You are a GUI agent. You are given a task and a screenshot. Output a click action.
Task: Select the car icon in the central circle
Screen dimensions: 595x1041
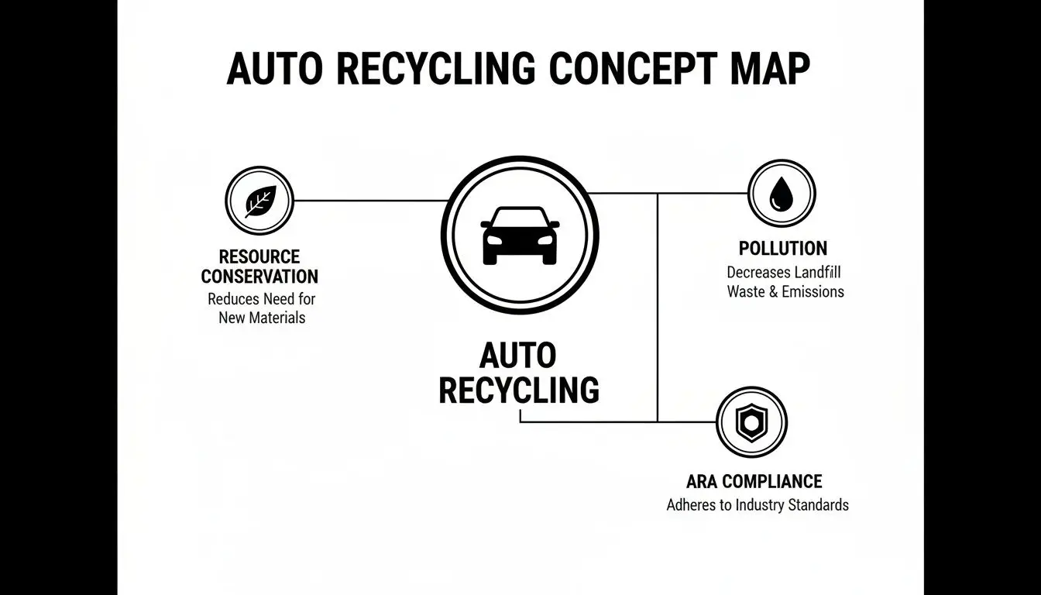(520, 236)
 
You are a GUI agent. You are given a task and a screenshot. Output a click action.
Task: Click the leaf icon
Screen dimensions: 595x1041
(259, 201)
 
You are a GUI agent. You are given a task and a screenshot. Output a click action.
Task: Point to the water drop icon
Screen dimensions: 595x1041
(781, 194)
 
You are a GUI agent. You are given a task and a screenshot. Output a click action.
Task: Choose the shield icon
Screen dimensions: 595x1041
(751, 422)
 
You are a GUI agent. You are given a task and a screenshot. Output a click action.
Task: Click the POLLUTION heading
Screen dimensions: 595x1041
(782, 249)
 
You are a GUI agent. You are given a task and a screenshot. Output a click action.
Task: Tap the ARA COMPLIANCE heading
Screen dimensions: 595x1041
(754, 481)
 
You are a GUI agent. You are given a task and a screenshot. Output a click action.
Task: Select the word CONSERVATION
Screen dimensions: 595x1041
(259, 277)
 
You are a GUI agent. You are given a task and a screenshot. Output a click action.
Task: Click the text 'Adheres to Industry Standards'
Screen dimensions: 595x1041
(757, 505)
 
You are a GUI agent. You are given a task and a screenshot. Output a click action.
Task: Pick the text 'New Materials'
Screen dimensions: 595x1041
(261, 318)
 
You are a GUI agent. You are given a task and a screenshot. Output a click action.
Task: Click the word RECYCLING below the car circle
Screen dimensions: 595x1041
(518, 390)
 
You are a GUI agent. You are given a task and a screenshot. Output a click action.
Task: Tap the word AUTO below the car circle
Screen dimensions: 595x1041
(518, 356)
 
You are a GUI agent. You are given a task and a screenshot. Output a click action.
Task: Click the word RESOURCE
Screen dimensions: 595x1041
(259, 256)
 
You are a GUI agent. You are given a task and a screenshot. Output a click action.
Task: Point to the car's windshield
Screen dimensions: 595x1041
(520, 218)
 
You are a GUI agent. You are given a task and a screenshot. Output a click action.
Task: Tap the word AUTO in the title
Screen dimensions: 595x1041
(273, 69)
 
